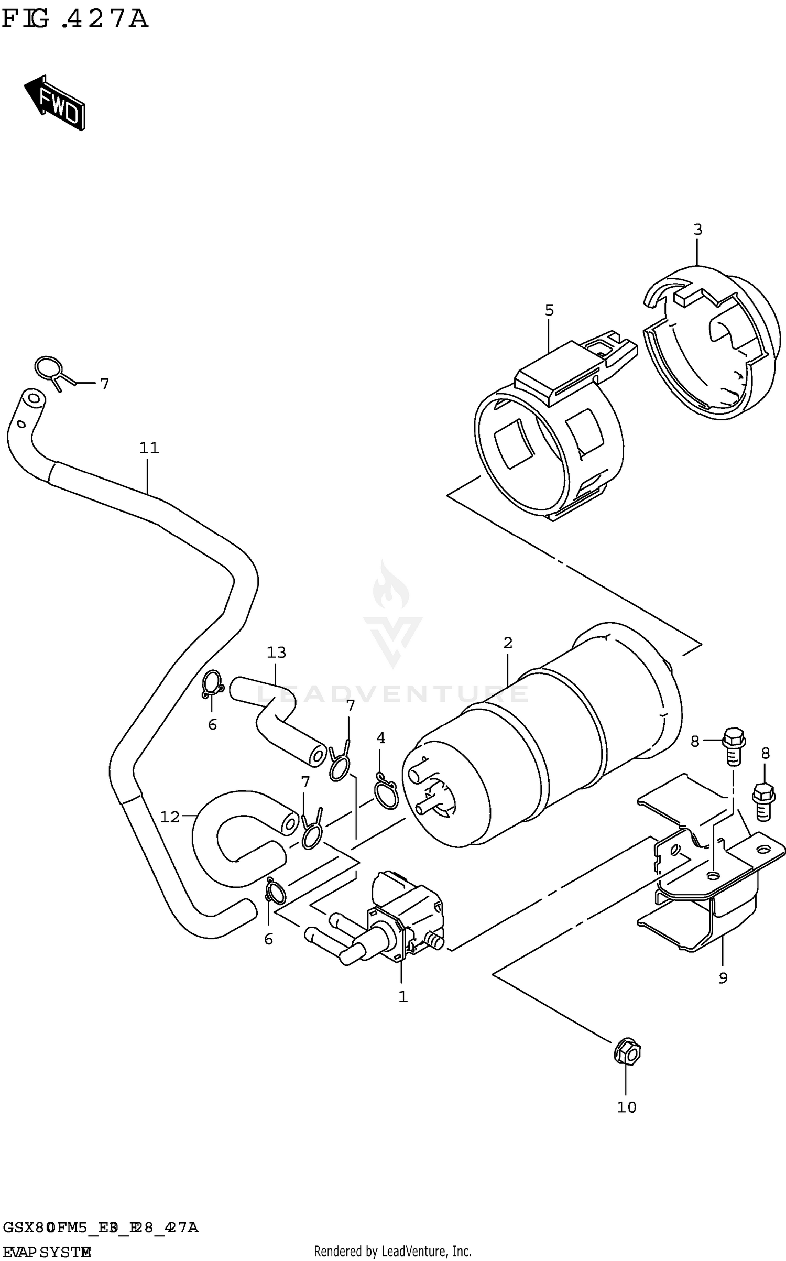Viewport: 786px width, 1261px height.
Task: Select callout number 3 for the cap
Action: point(697,230)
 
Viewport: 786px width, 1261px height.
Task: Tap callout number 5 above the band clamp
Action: point(549,310)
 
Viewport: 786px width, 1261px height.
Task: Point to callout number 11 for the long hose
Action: point(149,448)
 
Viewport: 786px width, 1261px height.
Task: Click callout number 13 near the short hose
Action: point(276,653)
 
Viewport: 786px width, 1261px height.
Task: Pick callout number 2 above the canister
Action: point(507,643)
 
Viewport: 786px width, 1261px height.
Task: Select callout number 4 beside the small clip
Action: point(380,738)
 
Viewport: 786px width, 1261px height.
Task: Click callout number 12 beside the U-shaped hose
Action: point(170,817)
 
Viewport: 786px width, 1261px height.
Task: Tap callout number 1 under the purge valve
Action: point(402,997)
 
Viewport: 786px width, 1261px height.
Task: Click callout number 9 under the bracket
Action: point(723,978)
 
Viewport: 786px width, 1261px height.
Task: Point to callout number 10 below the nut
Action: point(626,1107)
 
